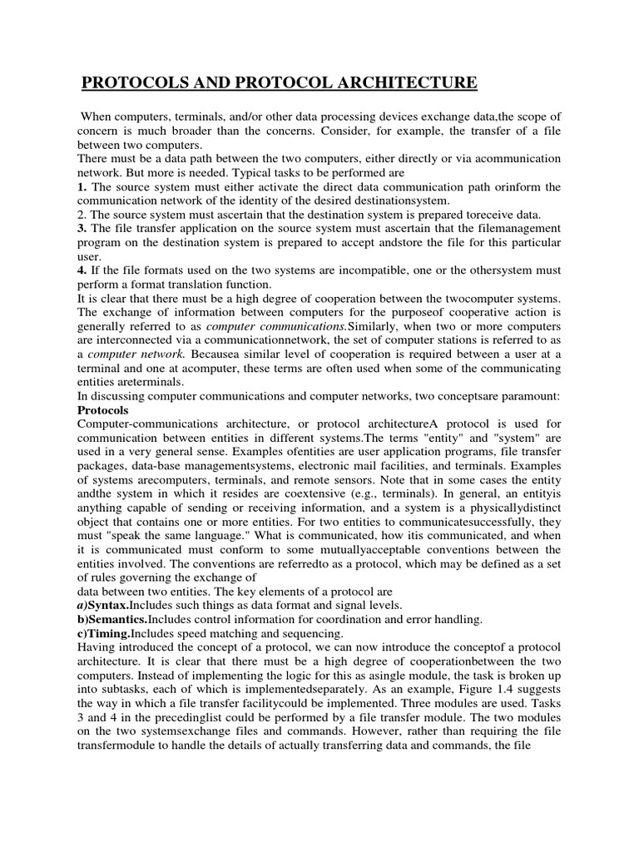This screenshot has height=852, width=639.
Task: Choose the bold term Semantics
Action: coord(124,619)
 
